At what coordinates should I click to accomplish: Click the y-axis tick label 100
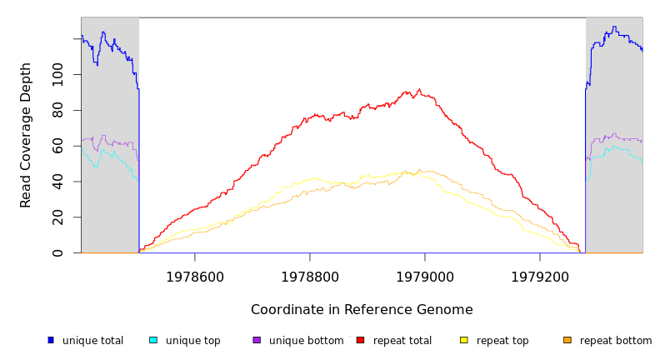(x=57, y=75)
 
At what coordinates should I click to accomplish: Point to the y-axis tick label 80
(x=57, y=111)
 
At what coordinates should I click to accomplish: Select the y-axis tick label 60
(x=57, y=146)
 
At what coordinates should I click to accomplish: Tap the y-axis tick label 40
(x=57, y=182)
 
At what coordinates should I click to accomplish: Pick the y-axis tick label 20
(x=57, y=217)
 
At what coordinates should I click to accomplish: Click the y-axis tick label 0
(x=57, y=252)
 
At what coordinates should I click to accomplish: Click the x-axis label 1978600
(x=194, y=277)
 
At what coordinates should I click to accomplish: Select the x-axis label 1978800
(x=309, y=277)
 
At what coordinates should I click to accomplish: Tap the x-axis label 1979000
(x=424, y=277)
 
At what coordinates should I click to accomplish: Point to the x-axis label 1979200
(x=539, y=277)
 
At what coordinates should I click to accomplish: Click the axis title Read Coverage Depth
(x=27, y=135)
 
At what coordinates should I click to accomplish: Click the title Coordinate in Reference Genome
(x=362, y=310)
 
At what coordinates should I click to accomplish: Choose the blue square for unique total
(x=51, y=340)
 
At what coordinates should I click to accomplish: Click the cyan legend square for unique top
(x=153, y=340)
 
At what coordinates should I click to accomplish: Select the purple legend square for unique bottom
(x=257, y=340)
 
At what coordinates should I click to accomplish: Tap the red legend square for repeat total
(x=360, y=340)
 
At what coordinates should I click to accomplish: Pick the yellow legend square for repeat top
(x=463, y=340)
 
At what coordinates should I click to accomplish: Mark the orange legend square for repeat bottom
(x=567, y=340)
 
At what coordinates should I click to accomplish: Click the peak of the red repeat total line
(x=419, y=89)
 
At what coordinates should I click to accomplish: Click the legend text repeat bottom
(x=616, y=341)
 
